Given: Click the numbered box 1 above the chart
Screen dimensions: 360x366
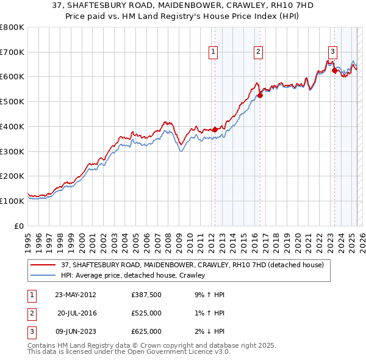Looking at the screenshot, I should tap(213, 52).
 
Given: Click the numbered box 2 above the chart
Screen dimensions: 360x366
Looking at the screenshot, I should tap(259, 52).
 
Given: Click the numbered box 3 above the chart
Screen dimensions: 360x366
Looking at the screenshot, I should tap(332, 52).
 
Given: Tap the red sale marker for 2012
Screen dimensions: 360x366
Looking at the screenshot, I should tap(215, 129).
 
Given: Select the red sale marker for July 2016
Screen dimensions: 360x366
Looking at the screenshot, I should tap(260, 95).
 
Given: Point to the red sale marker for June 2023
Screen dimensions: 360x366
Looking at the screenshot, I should tap(334, 70).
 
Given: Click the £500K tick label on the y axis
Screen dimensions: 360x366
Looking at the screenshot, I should tap(12, 101).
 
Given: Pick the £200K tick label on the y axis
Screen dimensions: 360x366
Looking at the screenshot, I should tap(12, 176).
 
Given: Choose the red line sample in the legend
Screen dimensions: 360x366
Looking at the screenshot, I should tap(43, 265).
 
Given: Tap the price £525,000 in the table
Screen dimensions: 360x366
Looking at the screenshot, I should tap(146, 314).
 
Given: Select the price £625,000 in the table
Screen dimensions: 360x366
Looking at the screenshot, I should tap(146, 331).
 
